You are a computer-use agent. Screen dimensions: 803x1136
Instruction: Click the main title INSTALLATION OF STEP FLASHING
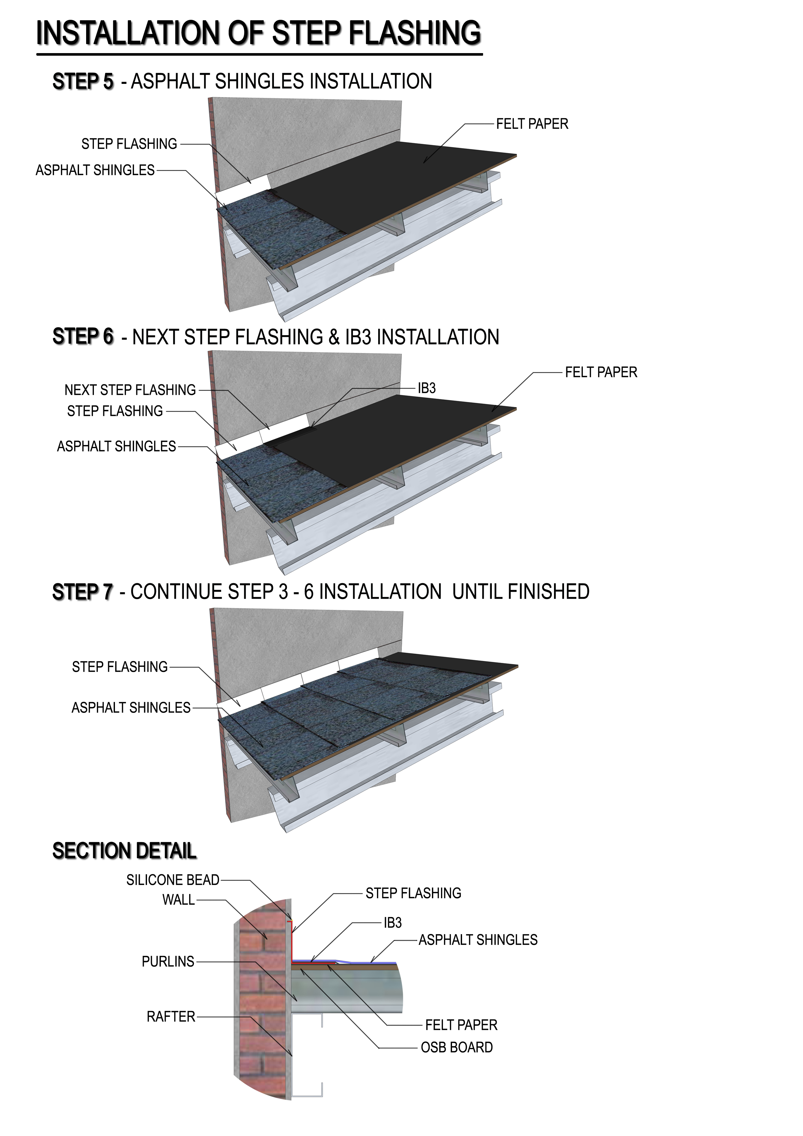(x=259, y=33)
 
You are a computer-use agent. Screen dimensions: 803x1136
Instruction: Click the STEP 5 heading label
(x=83, y=82)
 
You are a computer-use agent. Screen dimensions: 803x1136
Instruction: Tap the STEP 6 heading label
(x=83, y=336)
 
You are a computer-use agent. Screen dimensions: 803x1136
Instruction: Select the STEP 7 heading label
(x=83, y=592)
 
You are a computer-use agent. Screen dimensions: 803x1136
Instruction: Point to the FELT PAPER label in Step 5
(x=532, y=124)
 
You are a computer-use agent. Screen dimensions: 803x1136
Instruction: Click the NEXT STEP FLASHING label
(x=130, y=390)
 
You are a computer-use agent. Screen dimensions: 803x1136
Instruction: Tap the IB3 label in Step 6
(x=426, y=388)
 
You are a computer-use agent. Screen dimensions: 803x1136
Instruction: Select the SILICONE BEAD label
(x=173, y=880)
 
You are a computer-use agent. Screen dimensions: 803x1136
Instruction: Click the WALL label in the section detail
(x=179, y=900)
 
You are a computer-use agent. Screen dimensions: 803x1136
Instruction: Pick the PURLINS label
(x=168, y=961)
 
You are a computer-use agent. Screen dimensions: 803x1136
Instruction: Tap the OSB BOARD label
(x=457, y=1048)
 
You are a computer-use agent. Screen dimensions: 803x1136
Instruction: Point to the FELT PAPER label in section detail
(x=461, y=1025)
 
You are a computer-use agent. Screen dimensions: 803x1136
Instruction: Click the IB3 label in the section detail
(x=393, y=923)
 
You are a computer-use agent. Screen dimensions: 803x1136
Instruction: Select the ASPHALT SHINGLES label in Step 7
(x=131, y=708)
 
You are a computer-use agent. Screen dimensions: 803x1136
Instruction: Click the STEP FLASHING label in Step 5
(x=129, y=144)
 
